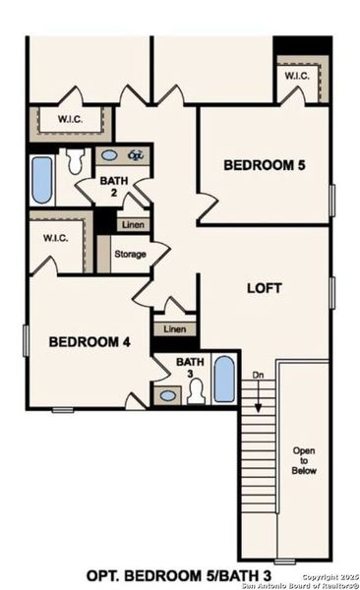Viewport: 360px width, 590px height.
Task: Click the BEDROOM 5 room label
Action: (264, 165)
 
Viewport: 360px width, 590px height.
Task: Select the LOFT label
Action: (264, 289)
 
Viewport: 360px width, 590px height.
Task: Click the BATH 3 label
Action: (190, 368)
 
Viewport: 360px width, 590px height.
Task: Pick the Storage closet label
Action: (130, 254)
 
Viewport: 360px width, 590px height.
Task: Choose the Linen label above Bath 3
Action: (174, 328)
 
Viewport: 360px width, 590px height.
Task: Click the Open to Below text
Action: (304, 459)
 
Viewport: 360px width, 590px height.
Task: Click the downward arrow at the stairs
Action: (260, 399)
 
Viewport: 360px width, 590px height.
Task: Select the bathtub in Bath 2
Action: (41, 179)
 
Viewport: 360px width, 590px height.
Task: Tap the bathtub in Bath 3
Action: (224, 380)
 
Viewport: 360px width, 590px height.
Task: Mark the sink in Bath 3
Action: (168, 395)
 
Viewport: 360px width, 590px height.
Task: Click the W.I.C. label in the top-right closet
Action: (299, 76)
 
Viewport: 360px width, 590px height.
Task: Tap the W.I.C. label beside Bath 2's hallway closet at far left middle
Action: (46, 237)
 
